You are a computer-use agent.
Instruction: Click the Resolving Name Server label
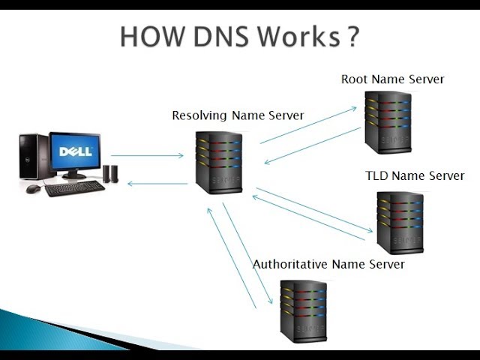click(x=238, y=115)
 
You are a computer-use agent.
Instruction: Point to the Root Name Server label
click(x=392, y=79)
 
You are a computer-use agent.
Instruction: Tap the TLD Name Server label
click(x=415, y=176)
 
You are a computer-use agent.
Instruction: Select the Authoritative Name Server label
click(x=328, y=265)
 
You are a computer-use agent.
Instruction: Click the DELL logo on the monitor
click(x=76, y=151)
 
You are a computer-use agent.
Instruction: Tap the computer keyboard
click(x=75, y=188)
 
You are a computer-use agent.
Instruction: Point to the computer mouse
click(x=33, y=189)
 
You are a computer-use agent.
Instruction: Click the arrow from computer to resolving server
click(x=147, y=156)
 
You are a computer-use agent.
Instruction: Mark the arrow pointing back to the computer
click(x=157, y=183)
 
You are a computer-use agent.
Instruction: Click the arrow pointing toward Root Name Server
click(x=308, y=125)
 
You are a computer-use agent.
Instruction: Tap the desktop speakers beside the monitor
click(x=110, y=174)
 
